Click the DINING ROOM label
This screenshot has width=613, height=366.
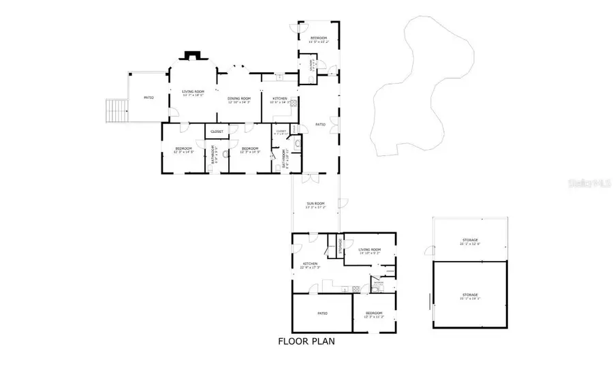tap(239, 99)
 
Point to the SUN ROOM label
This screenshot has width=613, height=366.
tap(315, 204)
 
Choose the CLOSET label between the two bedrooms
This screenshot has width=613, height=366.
tap(217, 132)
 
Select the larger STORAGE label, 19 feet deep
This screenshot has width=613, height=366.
tap(470, 294)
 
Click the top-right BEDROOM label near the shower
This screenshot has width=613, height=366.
tap(319, 37)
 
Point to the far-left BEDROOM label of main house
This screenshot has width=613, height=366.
tap(183, 149)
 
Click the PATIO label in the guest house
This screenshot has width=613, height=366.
tap(322, 314)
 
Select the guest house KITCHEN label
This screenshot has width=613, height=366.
tap(311, 264)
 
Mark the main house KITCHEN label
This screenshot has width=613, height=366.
tap(280, 99)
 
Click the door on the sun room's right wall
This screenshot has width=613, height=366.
tap(347, 203)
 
